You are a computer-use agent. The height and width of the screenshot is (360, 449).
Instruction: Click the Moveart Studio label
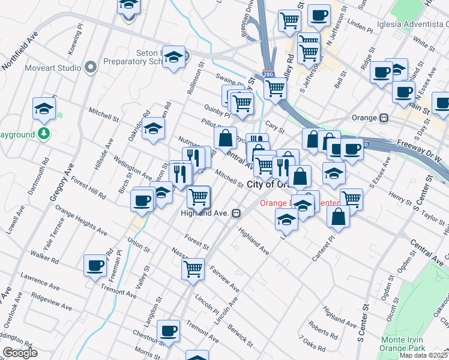point(53,68)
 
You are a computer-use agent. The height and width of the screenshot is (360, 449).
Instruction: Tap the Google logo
point(19,353)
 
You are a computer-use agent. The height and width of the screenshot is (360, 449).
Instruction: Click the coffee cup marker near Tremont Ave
point(95,265)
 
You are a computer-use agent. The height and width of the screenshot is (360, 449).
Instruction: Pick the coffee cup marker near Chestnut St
point(168,330)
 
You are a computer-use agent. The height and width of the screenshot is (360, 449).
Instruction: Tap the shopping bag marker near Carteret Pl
point(339,216)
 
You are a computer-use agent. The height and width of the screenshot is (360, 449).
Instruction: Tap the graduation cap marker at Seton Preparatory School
point(173,57)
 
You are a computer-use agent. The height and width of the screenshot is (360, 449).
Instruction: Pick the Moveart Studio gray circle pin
point(91,67)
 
